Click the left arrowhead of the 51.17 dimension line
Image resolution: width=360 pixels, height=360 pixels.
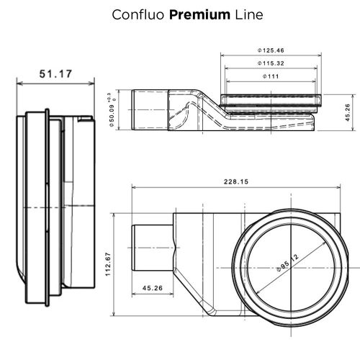(19, 84)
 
